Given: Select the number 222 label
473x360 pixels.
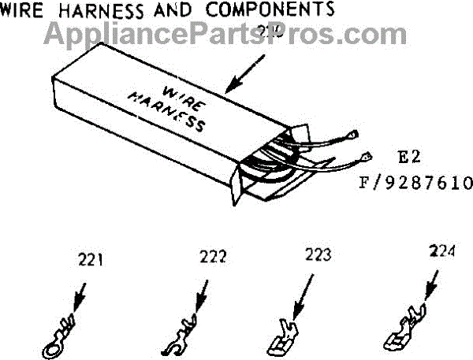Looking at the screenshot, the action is coord(212,256).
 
